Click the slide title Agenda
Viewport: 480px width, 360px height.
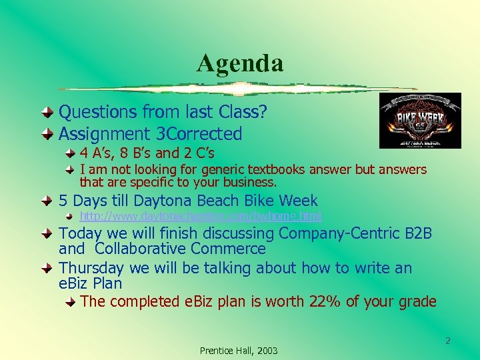coord(240,63)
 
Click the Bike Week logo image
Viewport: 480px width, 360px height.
coord(410,121)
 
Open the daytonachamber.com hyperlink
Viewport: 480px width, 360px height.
coord(200,216)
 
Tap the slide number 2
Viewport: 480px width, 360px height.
coord(448,341)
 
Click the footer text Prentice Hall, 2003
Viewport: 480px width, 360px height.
coord(239,351)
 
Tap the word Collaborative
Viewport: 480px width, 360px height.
coord(141,249)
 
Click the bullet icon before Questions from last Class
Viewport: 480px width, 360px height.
coord(50,111)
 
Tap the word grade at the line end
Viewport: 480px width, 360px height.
coord(417,302)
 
